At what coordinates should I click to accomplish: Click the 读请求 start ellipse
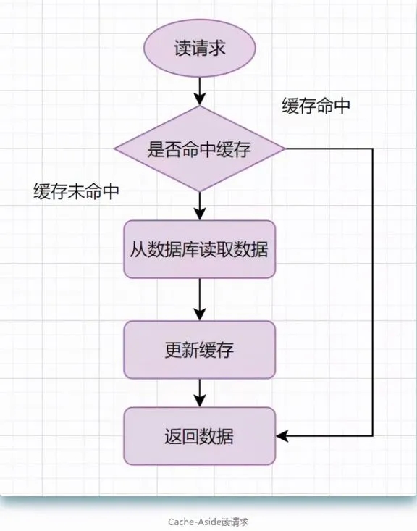200,48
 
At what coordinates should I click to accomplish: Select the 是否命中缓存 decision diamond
200,149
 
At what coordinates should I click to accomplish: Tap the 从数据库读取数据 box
200,249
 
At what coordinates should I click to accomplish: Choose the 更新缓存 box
200,349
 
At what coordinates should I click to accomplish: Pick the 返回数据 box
200,436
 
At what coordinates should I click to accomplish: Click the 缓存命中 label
316,106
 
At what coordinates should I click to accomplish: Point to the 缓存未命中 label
76,192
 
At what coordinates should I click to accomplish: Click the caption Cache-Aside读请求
208,522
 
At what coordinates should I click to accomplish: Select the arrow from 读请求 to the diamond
200,91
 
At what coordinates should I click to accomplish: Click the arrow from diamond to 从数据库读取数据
200,206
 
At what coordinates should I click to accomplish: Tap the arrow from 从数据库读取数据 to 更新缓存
200,299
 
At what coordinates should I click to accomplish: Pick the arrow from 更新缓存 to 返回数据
200,393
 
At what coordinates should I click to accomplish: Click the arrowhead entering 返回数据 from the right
282,436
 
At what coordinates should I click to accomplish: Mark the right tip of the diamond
286,149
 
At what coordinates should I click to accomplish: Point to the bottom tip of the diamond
200,192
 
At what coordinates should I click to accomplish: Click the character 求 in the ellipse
216,48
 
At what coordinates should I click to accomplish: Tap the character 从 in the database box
138,249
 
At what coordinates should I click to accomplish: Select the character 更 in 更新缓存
174,350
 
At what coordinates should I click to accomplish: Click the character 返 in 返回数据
174,436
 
